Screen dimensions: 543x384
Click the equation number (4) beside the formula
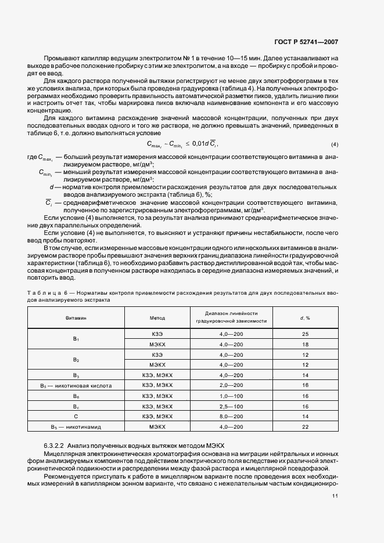coord(335,144)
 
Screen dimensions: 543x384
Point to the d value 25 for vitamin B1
coord(304,334)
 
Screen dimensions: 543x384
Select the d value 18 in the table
coord(304,344)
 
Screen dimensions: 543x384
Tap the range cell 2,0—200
coord(231,385)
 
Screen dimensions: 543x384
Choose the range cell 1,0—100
coord(231,396)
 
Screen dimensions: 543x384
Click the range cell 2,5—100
coord(231,406)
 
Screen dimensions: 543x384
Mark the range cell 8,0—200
coord(231,416)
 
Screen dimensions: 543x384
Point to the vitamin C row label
coord(76,416)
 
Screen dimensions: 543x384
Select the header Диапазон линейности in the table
coord(231,314)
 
